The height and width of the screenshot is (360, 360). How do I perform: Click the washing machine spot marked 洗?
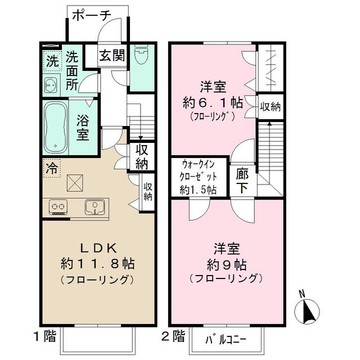52,61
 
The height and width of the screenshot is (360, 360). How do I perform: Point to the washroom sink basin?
50,86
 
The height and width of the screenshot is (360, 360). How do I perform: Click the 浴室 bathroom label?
83,128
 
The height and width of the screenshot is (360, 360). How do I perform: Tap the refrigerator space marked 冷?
52,167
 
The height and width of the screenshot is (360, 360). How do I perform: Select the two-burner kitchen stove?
58,206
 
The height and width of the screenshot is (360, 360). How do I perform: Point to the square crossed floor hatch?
75,183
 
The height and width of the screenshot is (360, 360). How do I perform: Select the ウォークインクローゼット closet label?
199,175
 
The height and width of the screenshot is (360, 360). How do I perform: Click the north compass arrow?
308,310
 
